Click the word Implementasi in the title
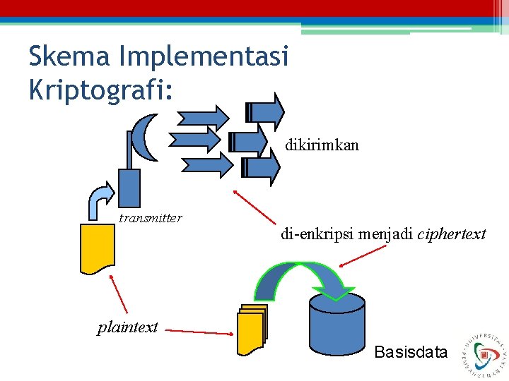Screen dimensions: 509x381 click(x=201, y=56)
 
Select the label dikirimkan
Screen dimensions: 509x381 click(x=322, y=145)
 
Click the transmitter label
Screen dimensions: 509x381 click(x=150, y=218)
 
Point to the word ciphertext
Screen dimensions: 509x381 click(x=452, y=234)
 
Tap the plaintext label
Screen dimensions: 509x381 click(x=127, y=327)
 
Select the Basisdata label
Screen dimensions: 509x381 click(x=411, y=351)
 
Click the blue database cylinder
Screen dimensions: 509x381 click(x=337, y=325)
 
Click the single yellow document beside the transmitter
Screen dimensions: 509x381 click(x=97, y=247)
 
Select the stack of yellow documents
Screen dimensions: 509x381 click(x=252, y=329)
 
